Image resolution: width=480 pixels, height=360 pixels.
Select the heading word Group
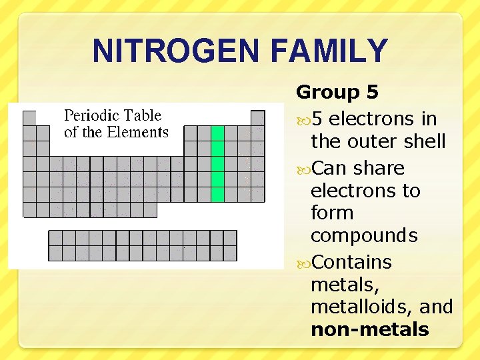[326, 93]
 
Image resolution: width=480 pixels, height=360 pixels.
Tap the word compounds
[364, 236]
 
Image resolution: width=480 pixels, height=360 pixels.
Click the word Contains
[351, 262]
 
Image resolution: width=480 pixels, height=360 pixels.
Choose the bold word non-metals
[369, 329]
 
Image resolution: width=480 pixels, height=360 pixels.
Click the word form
[331, 213]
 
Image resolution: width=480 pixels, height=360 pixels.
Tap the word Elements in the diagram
[137, 132]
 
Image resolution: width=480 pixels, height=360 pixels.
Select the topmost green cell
[217, 133]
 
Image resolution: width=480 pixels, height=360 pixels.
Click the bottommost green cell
[217, 195]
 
